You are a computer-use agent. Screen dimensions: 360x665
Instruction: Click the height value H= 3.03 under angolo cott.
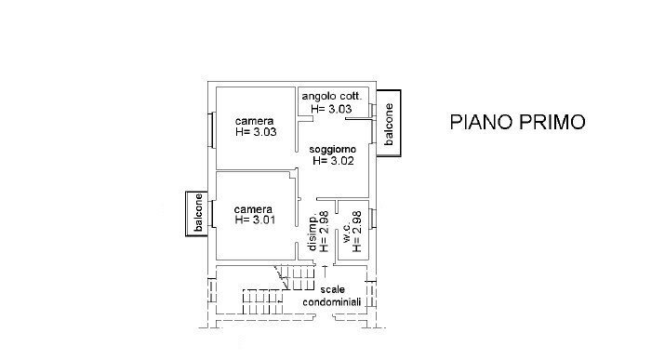(x=332, y=109)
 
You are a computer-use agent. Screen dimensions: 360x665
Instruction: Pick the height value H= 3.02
(x=333, y=160)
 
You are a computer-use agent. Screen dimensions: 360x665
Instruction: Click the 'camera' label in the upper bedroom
(x=254, y=122)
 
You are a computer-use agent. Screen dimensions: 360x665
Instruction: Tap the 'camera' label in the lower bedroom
(x=253, y=208)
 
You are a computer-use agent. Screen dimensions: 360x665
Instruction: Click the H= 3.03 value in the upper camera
(x=254, y=133)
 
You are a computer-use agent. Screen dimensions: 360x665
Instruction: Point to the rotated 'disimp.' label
(x=313, y=233)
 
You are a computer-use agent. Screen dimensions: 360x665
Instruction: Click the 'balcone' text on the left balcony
(x=197, y=214)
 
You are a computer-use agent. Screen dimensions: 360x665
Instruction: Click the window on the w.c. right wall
(x=373, y=221)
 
